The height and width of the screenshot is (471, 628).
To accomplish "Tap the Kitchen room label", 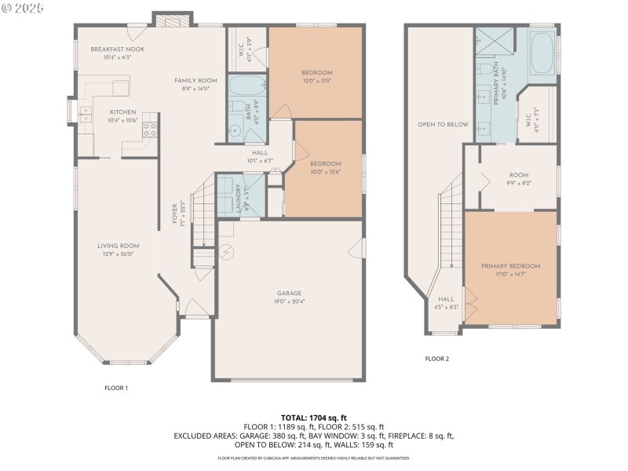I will pyautogui.click(x=123, y=112).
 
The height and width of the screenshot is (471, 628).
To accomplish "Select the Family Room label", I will pyautogui.click(x=195, y=81).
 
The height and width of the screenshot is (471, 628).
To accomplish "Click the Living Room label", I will pyautogui.click(x=118, y=246).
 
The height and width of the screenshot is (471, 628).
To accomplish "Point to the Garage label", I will pyautogui.click(x=289, y=294).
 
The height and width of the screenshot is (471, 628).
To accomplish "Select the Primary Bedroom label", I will pyautogui.click(x=510, y=266).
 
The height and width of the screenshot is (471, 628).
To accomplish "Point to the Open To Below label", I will pyautogui.click(x=443, y=124).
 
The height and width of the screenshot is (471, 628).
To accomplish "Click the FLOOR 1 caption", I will pyautogui.click(x=116, y=388).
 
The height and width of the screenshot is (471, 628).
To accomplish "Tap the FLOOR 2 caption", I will pyautogui.click(x=437, y=359).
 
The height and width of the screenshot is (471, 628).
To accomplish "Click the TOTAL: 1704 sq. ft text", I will pyautogui.click(x=314, y=417).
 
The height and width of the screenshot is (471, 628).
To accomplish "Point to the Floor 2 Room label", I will pyautogui.click(x=518, y=175).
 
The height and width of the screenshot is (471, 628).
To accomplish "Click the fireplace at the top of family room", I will pyautogui.click(x=166, y=20).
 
